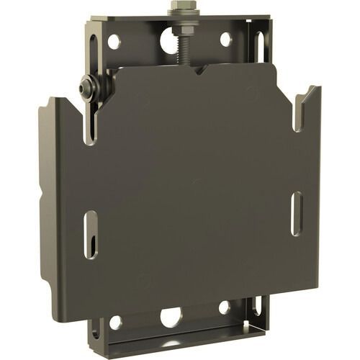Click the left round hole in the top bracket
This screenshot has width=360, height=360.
click(x=114, y=42)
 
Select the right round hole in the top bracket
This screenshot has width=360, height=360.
click(x=225, y=39)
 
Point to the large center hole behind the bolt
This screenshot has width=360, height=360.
click(x=166, y=42)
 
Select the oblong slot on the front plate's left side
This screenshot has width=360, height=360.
click(x=91, y=234)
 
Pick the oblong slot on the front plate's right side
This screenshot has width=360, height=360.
click(x=296, y=213)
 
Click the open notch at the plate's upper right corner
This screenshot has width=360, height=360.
click(x=303, y=109)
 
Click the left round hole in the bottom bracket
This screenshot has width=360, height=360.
click(x=115, y=322)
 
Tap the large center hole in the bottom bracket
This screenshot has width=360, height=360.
click(x=171, y=316)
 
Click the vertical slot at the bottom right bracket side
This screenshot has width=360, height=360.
click(x=257, y=305)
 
